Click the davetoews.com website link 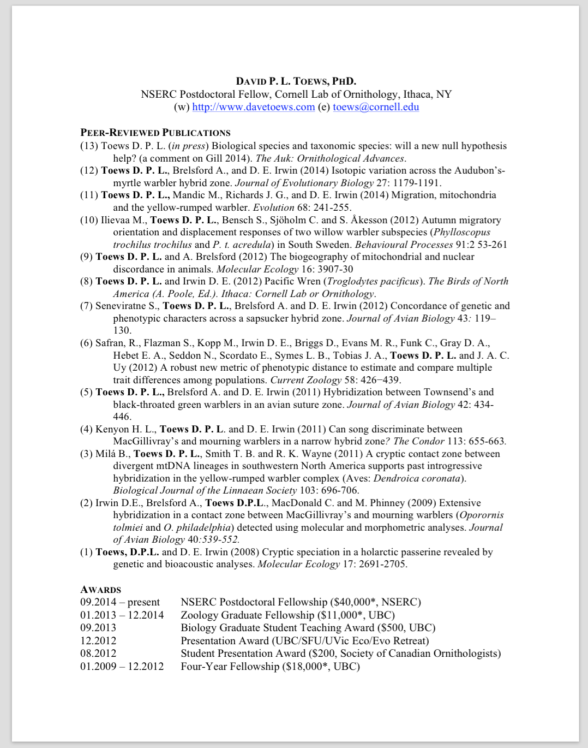tap(254, 107)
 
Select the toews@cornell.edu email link tap(376, 107)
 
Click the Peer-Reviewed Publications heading tap(155, 133)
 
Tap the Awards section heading tap(101, 590)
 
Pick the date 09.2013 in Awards tap(98, 628)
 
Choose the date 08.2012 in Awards tap(98, 654)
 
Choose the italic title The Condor tap(415, 441)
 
